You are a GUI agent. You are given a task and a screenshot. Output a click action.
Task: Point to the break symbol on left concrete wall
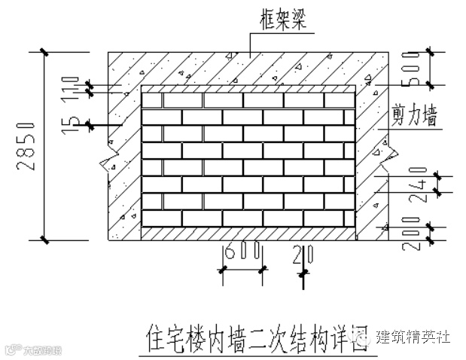(x=102, y=161)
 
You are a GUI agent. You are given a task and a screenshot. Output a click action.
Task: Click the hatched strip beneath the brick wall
(x=248, y=234)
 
